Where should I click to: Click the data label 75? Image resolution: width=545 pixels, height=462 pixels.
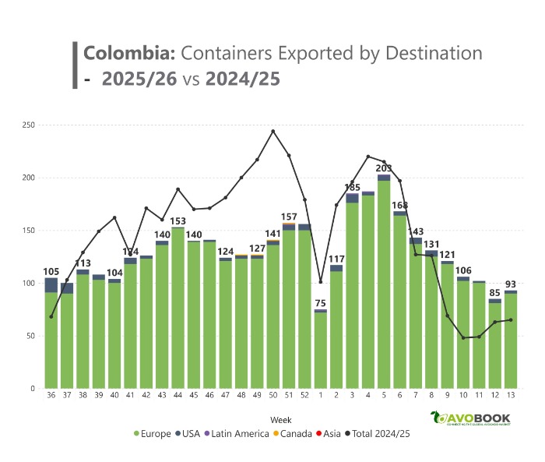point(320,303)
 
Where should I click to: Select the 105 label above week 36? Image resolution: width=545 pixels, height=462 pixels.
point(51,271)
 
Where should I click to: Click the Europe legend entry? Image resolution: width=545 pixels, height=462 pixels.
point(153,434)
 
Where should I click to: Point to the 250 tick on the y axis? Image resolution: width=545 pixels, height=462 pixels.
point(29,125)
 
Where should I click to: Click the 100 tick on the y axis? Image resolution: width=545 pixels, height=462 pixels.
point(29,283)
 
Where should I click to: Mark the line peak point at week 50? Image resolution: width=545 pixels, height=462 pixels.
point(272,131)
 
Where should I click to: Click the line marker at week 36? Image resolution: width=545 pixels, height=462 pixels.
point(51,316)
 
